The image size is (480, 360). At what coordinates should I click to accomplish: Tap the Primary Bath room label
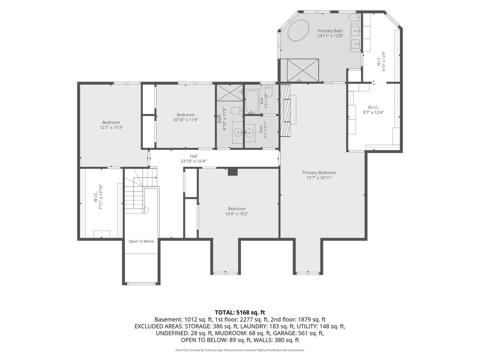pyautogui.click(x=330, y=31)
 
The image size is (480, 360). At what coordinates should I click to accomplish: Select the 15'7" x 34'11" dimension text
pyautogui.click(x=319, y=178)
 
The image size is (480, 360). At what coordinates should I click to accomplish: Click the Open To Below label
pyautogui.click(x=141, y=241)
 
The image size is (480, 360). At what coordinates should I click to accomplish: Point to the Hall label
pyautogui.click(x=194, y=156)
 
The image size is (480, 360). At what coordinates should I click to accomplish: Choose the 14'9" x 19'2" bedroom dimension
pyautogui.click(x=237, y=214)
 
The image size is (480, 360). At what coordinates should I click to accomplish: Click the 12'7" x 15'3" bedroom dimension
pyautogui.click(x=111, y=127)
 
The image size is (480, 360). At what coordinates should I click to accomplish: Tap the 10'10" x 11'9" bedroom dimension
pyautogui.click(x=185, y=120)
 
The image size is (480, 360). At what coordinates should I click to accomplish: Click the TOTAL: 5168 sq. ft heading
pyautogui.click(x=240, y=312)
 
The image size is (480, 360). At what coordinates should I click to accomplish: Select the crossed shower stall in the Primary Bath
pyautogui.click(x=303, y=70)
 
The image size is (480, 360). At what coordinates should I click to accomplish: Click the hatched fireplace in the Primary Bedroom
pyautogui.click(x=285, y=111)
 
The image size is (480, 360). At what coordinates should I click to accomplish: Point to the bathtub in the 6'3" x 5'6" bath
pyautogui.click(x=252, y=102)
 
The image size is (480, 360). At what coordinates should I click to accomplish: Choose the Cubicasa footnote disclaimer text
pyautogui.click(x=240, y=350)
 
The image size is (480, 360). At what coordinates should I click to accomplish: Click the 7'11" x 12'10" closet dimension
pyautogui.click(x=101, y=197)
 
